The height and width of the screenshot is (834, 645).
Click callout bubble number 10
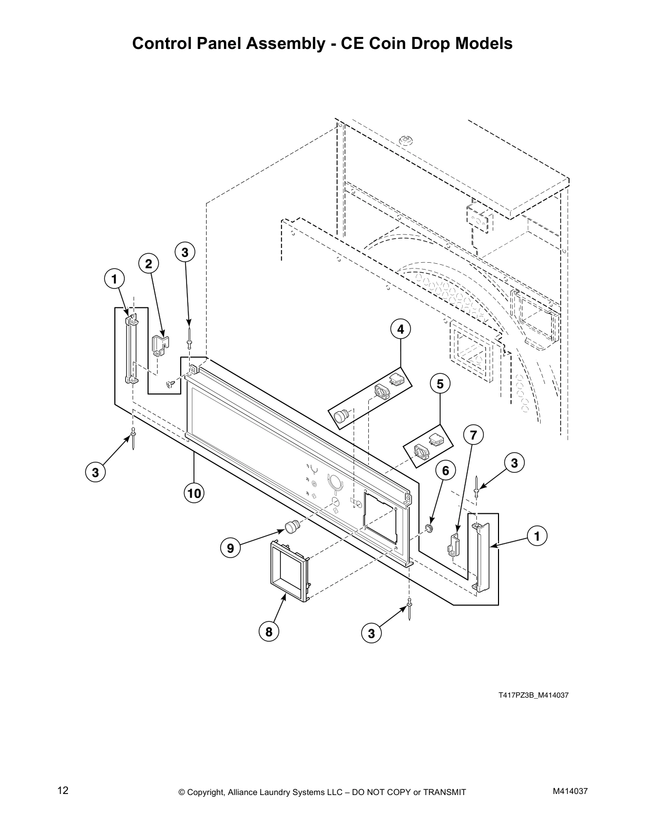(x=194, y=493)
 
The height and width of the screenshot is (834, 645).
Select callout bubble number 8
(x=269, y=631)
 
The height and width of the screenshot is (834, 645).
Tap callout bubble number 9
(x=230, y=548)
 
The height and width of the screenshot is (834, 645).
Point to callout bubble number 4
(x=400, y=330)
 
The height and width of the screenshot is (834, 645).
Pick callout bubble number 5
(x=440, y=384)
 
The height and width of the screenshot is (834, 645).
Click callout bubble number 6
(x=445, y=471)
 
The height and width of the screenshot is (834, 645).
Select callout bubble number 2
(x=149, y=264)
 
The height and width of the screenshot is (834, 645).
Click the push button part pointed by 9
(x=291, y=525)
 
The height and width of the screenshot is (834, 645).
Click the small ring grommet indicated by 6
(x=429, y=528)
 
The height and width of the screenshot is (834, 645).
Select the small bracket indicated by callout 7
(x=454, y=544)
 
